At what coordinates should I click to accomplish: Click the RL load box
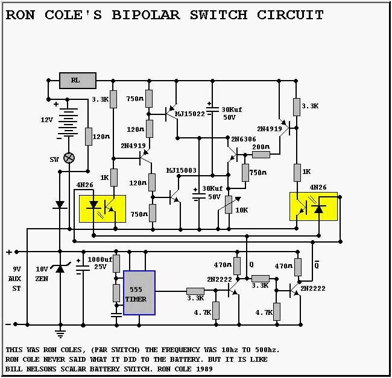coord(78,80)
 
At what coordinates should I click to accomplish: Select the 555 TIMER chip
coord(139,293)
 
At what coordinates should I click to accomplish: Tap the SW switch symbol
coord(69,158)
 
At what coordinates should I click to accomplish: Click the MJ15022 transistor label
coord(190,113)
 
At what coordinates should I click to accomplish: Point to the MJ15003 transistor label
coord(182,170)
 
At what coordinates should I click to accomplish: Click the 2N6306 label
coord(241,139)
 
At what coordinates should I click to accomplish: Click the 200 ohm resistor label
coord(261,147)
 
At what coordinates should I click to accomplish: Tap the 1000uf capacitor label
coord(100,259)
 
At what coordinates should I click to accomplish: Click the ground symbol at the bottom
coord(60,332)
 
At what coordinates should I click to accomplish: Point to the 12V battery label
coord(47,120)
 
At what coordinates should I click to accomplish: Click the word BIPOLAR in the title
coord(144,15)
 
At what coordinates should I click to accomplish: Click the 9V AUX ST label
coord(17,278)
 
